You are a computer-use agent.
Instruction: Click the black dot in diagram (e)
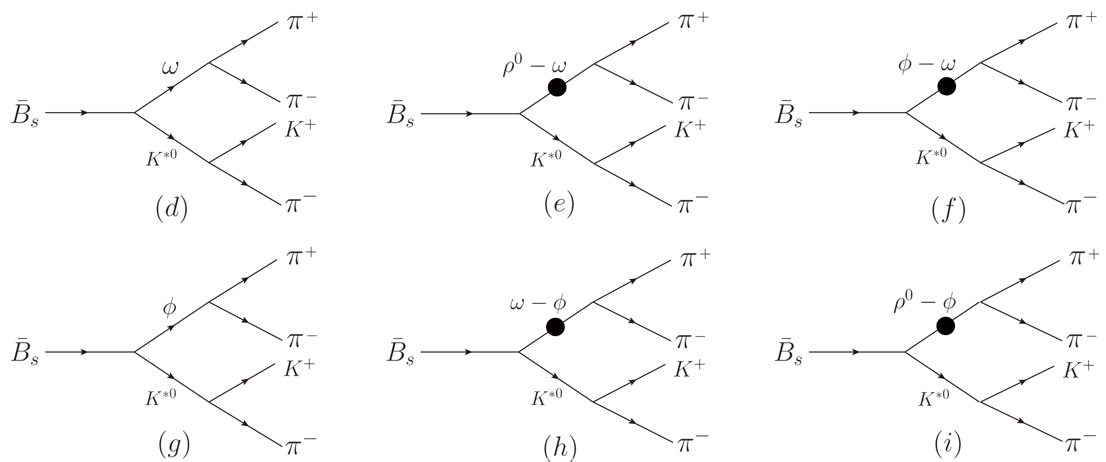tap(557, 88)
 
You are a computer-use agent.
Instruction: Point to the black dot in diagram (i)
tap(946, 326)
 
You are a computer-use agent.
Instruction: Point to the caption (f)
tap(948, 210)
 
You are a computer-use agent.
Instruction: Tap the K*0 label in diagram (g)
tap(161, 397)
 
